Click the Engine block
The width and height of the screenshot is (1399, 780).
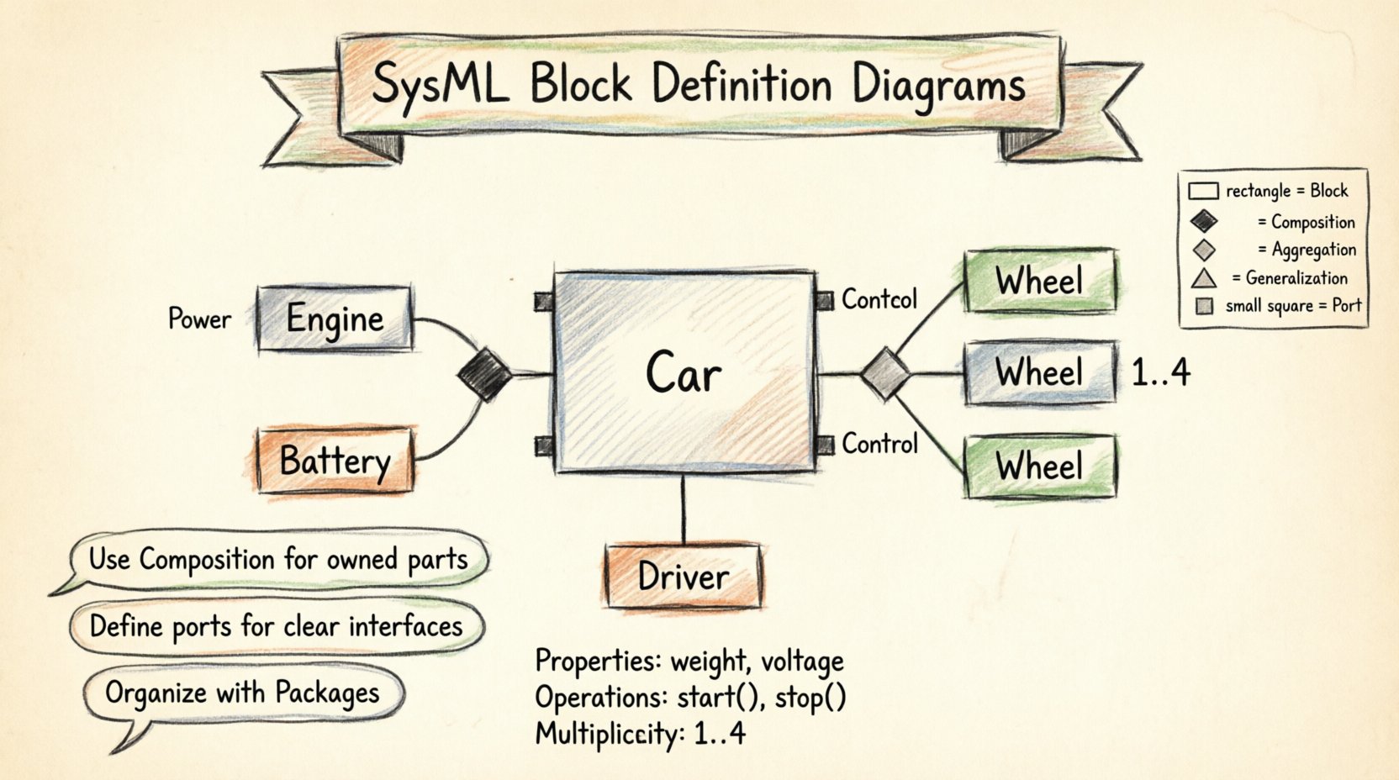(335, 319)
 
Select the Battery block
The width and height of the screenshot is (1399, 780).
(335, 461)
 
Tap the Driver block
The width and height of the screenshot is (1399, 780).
(683, 577)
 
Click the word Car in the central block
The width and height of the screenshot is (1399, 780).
(683, 373)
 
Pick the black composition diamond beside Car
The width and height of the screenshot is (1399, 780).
(485, 373)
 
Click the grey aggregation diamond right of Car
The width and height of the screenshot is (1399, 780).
(885, 373)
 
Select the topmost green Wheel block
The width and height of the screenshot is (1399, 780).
(1040, 281)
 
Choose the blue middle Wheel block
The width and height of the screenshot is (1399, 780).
(1040, 372)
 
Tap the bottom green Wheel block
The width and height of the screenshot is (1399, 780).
(1040, 466)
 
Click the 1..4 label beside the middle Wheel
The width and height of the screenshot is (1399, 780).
(1160, 372)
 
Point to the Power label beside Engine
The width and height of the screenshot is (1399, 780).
(199, 319)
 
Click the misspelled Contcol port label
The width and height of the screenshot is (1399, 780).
(879, 299)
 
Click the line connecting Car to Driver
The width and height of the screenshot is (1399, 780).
(683, 509)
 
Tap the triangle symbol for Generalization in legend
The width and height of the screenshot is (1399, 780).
(1204, 278)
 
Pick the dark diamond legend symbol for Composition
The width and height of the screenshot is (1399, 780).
(1204, 222)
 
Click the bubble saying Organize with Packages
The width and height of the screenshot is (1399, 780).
(242, 693)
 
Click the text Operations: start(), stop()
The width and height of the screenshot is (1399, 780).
(689, 698)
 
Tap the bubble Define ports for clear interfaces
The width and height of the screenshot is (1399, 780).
(276, 627)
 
